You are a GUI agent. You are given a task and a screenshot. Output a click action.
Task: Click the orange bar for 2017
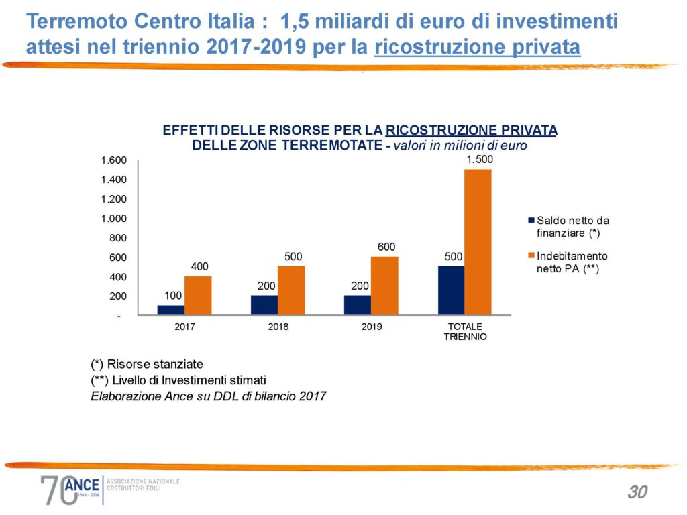tap(198, 295)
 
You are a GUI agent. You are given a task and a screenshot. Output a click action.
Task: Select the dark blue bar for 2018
tap(264, 304)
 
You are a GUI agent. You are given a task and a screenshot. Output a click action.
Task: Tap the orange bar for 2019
tap(384, 286)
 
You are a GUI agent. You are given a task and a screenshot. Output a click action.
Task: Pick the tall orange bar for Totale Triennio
tap(478, 241)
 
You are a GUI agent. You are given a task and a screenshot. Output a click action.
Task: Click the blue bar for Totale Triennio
tap(451, 290)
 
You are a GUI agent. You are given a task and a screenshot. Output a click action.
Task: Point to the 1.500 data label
tap(479, 159)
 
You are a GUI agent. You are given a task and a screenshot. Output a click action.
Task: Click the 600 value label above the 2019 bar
tap(386, 247)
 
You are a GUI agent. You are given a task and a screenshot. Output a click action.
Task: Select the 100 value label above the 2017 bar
tap(172, 295)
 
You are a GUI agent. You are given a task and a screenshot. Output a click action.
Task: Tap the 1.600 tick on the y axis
tap(113, 161)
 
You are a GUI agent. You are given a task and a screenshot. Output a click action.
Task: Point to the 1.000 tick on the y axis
tap(113, 219)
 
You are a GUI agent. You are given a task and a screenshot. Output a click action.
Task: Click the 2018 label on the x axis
tap(278, 327)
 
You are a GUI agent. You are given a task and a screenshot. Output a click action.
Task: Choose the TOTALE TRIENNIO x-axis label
tap(465, 331)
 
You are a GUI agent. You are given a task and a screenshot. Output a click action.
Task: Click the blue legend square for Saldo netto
tap(531, 220)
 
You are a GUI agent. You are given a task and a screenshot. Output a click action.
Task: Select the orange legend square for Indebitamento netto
tap(531, 256)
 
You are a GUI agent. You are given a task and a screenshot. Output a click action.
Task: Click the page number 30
tap(637, 492)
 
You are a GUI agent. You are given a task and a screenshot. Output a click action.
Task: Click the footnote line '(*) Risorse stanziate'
tap(147, 364)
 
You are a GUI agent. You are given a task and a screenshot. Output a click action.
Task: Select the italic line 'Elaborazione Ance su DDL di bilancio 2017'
tap(208, 396)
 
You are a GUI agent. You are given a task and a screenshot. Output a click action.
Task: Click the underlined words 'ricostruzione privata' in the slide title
tap(477, 48)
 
